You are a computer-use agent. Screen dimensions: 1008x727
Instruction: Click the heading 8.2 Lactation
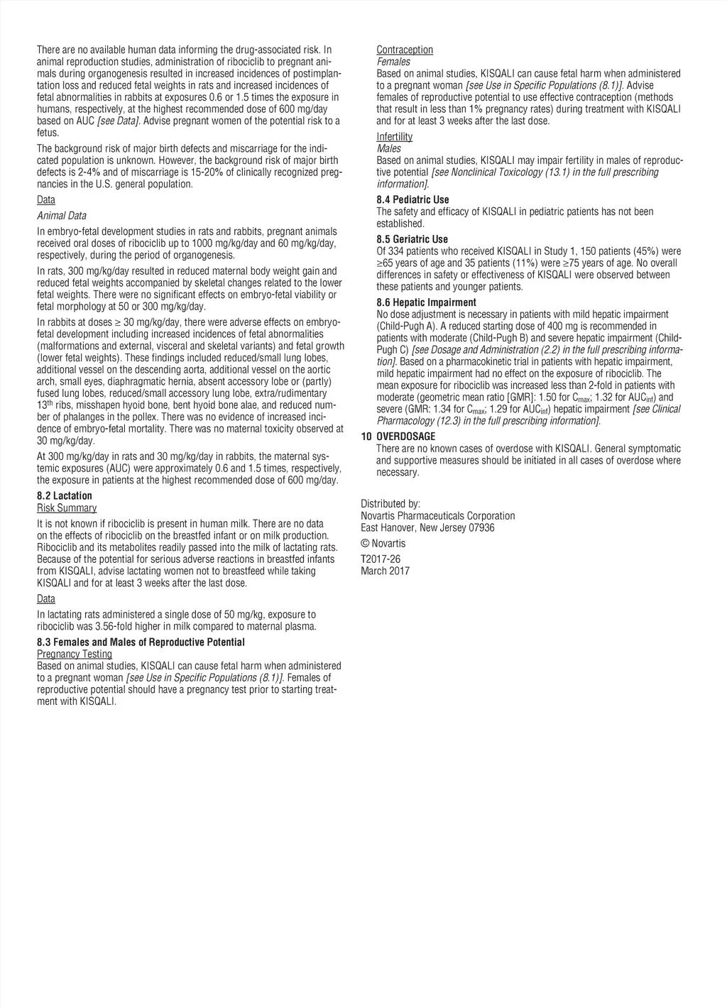tap(65, 495)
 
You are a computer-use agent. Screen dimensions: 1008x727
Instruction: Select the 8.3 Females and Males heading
tap(141, 642)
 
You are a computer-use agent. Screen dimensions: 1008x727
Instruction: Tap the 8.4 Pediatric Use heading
tap(412, 199)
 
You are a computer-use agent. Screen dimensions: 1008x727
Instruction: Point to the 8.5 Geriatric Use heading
tap(412, 239)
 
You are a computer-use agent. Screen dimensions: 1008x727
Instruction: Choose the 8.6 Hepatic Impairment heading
tap(426, 302)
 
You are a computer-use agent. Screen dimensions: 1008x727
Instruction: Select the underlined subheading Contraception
tap(405, 50)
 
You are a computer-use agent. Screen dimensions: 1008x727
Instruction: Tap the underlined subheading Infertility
tap(394, 136)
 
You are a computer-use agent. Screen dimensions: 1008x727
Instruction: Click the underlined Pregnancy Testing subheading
tap(75, 654)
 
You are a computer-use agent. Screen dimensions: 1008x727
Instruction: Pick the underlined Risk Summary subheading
tap(67, 508)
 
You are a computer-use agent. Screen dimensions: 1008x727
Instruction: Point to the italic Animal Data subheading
tap(62, 216)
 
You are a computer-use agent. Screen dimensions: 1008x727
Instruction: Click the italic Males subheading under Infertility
tap(388, 148)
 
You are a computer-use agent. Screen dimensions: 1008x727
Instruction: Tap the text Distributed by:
tap(390, 504)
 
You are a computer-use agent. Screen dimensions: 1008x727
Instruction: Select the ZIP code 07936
tap(481, 527)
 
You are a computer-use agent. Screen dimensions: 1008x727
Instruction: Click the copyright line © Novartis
tap(383, 544)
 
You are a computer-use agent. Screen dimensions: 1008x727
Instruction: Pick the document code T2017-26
tap(381, 559)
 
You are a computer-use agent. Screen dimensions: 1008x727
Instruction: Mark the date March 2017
tap(385, 571)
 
